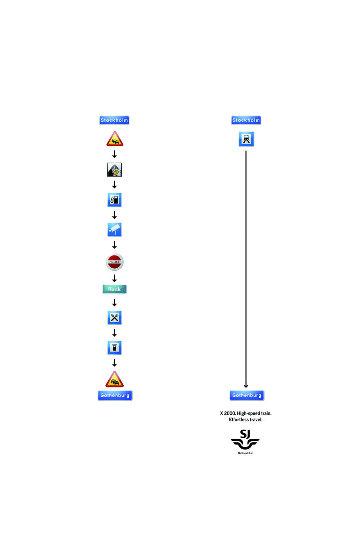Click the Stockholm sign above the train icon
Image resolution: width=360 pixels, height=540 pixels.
point(246,120)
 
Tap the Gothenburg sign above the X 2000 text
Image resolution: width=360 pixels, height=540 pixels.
point(247,395)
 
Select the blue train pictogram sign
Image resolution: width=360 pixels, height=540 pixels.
point(246,139)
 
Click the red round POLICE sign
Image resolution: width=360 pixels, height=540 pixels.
point(114,262)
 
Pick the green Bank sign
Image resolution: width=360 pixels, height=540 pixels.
point(114,289)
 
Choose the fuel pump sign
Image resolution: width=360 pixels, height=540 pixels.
point(114,200)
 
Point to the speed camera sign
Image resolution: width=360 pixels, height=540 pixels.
point(114,230)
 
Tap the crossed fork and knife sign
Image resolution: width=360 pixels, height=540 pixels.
point(114,318)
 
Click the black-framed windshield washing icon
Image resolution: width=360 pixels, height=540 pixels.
point(114,170)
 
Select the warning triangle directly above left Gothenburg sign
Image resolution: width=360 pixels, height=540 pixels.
point(114,380)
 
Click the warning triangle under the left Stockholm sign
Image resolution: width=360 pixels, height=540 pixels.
point(115,139)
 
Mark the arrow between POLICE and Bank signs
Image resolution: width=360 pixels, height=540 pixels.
point(114,278)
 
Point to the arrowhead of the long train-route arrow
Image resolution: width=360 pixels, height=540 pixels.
point(246,386)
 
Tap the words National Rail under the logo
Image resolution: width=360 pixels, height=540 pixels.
point(246,453)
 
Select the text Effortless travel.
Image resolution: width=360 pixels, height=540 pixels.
point(246,420)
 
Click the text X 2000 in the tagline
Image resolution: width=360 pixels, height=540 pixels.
point(228,413)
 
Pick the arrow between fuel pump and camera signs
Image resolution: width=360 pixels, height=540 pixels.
point(114,215)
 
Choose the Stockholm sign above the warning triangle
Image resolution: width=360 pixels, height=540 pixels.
point(114,120)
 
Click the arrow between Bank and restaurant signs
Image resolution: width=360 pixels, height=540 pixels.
point(114,302)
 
